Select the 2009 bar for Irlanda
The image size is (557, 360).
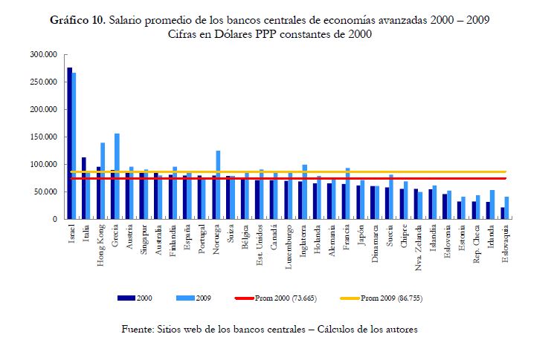tap(492, 204)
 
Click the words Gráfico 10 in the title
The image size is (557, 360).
tap(77, 21)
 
